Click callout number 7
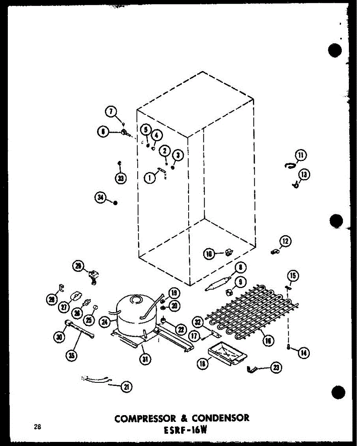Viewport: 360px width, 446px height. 110,111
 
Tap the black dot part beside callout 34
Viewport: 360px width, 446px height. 115,203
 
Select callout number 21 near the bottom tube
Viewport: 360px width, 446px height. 127,387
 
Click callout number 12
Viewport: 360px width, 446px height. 286,242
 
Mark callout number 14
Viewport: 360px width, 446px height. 304,353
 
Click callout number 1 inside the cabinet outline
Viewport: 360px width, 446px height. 150,178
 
